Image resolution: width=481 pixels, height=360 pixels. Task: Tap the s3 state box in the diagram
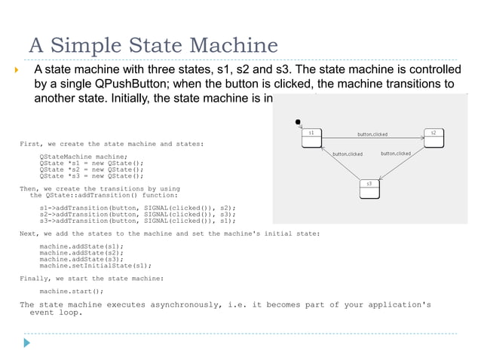369,188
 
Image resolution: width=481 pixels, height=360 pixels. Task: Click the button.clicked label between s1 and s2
372,134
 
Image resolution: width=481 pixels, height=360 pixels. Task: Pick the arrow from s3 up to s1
340,164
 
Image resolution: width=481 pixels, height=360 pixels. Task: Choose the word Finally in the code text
35,278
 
